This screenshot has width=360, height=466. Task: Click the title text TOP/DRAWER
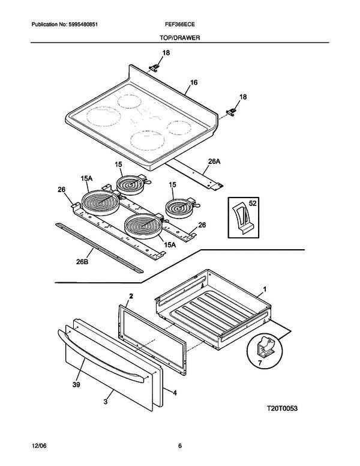pyautogui.click(x=179, y=37)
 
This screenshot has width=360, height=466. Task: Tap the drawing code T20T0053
pyautogui.click(x=283, y=408)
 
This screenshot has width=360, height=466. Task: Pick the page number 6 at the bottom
pyautogui.click(x=179, y=445)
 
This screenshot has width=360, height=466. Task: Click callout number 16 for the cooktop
pyautogui.click(x=194, y=82)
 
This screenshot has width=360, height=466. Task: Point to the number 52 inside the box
pyautogui.click(x=253, y=204)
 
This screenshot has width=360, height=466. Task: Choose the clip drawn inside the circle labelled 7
pyautogui.click(x=264, y=348)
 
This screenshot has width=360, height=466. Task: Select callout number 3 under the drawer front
pyautogui.click(x=106, y=401)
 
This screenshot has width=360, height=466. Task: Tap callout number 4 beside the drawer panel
pyautogui.click(x=175, y=393)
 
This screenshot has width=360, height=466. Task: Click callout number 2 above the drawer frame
pyautogui.click(x=131, y=297)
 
